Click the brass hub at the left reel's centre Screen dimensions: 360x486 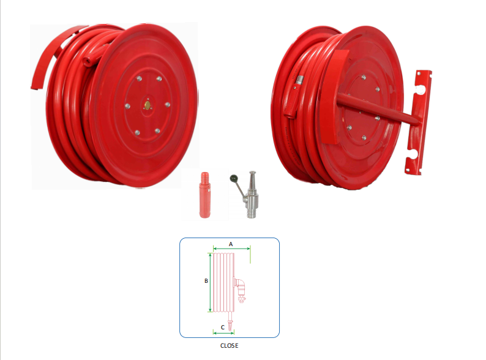pos(147,104)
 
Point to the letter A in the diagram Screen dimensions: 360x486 pos(231,243)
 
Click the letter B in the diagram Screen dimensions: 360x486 pos(206,281)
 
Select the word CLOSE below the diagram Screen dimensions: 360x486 pos(229,345)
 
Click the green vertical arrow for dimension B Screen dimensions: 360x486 pos(211,282)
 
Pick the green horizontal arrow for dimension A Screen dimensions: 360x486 pos(231,249)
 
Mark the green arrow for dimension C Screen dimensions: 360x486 pos(223,332)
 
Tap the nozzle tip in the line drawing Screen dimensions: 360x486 pos(230,326)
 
